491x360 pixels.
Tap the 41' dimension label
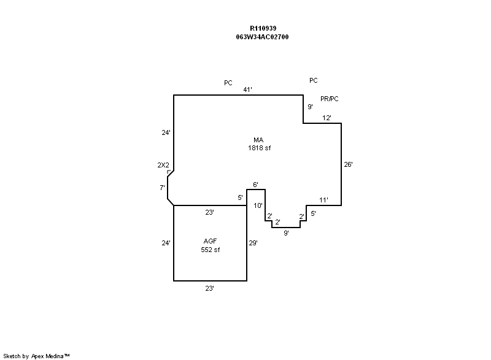(x=247, y=90)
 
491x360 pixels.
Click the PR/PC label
(x=330, y=99)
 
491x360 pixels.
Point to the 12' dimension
(x=327, y=118)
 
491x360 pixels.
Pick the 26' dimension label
(x=348, y=164)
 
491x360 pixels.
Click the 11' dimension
(x=323, y=200)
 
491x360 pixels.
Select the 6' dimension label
(x=255, y=185)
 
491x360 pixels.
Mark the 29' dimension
(x=253, y=243)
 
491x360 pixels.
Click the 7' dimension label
(x=162, y=188)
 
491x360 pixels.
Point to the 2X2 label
(x=163, y=165)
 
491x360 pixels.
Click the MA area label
(x=258, y=140)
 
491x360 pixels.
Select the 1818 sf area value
(x=258, y=148)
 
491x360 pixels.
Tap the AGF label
(x=210, y=241)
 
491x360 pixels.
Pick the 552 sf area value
(x=210, y=250)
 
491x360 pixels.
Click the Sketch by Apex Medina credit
(x=37, y=356)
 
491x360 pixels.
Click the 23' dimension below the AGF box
(x=209, y=287)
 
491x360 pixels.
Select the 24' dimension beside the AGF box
(x=165, y=243)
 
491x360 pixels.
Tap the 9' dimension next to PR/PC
(x=310, y=107)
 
